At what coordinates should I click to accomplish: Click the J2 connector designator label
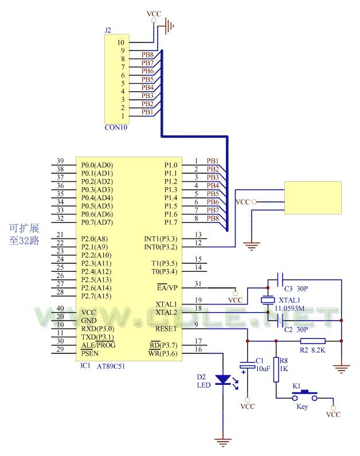click(108, 30)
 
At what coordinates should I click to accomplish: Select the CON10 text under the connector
click(116, 127)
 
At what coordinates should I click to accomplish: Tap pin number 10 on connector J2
click(120, 42)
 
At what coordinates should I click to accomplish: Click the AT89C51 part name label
click(111, 365)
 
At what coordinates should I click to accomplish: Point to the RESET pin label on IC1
click(167, 329)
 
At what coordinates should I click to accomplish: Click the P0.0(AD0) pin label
click(97, 165)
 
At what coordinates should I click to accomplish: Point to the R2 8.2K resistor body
click(312, 340)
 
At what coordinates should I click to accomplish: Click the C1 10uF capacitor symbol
click(248, 365)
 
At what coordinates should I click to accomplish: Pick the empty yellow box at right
click(312, 198)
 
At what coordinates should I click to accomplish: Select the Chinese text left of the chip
click(24, 234)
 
